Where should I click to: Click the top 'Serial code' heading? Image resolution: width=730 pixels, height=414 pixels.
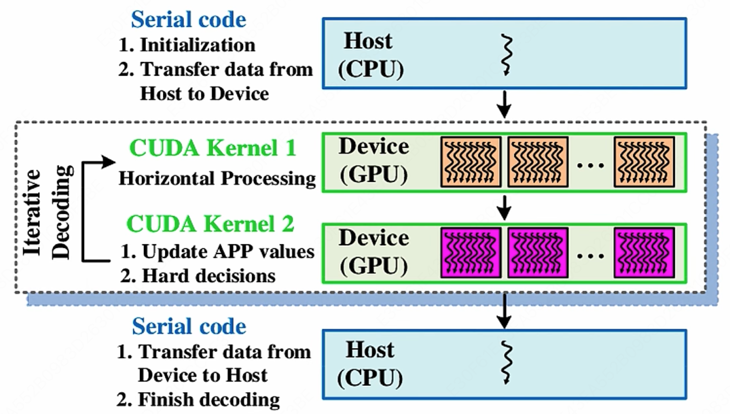(188, 20)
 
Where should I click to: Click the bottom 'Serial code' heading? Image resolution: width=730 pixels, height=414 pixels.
(189, 326)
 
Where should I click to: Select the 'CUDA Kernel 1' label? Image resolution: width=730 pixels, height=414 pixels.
(213, 148)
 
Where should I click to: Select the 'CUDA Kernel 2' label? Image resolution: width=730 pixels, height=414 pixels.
(210, 224)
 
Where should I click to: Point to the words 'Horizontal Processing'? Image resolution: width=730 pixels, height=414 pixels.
(217, 178)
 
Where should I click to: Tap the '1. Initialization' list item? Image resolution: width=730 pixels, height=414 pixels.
(187, 45)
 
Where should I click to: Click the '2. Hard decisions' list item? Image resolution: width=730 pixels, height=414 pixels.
(198, 276)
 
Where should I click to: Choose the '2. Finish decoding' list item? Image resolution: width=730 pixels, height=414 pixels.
(198, 400)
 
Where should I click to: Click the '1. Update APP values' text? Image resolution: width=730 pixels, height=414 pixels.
(217, 252)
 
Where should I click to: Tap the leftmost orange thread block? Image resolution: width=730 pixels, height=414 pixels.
(471, 162)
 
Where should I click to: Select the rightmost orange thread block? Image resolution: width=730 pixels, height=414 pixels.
(644, 162)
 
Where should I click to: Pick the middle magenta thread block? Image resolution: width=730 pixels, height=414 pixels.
(538, 253)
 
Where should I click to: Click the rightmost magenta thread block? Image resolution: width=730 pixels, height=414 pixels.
(644, 253)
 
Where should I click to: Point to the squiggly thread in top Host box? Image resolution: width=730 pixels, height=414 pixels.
(507, 55)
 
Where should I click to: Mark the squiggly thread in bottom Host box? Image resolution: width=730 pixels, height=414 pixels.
(506, 363)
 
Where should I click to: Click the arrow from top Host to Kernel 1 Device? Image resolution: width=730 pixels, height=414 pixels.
(505, 104)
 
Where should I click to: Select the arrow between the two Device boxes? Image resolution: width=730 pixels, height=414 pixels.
(505, 207)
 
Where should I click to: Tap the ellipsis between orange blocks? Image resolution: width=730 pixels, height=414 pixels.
(590, 166)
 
